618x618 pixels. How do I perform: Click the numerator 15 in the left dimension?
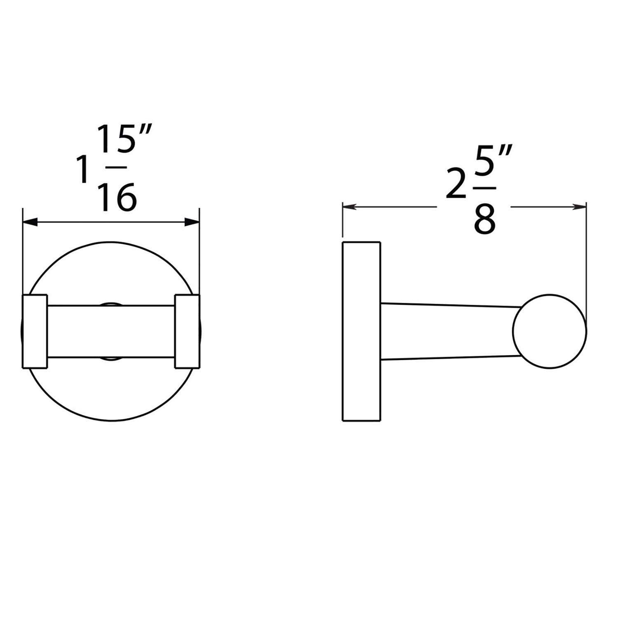coord(112,140)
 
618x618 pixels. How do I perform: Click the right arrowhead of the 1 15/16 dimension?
coord(192,222)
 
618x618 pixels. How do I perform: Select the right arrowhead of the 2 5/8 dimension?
coord(579,207)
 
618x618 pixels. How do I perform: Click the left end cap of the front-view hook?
coord(35,331)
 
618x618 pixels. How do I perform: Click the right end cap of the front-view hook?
coord(187,331)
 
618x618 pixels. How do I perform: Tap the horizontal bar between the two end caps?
coord(111,331)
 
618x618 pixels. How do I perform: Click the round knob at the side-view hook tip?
coord(550,331)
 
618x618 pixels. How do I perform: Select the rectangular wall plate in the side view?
coord(361,331)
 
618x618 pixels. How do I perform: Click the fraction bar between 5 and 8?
coord(485,188)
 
